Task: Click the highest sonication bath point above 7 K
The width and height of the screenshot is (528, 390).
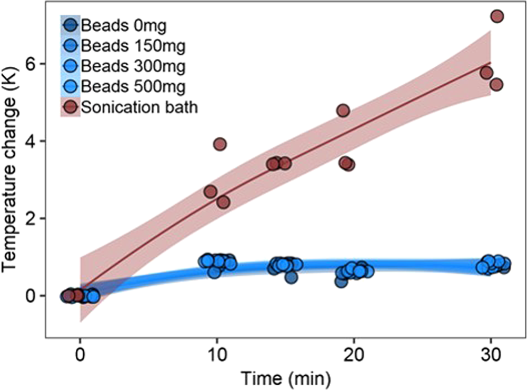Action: (497, 16)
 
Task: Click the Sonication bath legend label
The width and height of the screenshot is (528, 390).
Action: (139, 107)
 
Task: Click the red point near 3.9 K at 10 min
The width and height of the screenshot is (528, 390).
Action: (219, 144)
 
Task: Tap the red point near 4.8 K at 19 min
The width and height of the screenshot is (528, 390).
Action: (343, 110)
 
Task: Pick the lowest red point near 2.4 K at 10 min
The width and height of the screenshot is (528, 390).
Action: (223, 202)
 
